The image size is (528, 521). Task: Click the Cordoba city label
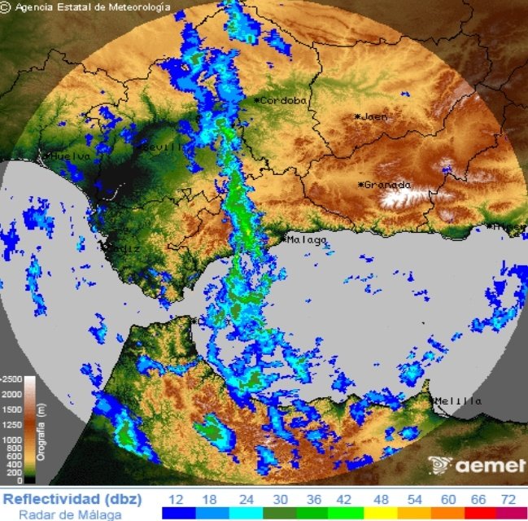[284, 100]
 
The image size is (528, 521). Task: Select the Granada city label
[386, 185]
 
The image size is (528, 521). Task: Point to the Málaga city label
[307, 240]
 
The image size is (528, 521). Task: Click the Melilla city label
[460, 401]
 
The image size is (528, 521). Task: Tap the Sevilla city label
[164, 147]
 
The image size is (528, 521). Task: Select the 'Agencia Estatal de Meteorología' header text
[94, 7]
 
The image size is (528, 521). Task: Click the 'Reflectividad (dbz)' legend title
[72, 497]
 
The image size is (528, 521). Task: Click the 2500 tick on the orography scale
[12, 379]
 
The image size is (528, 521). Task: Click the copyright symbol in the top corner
[7, 7]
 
